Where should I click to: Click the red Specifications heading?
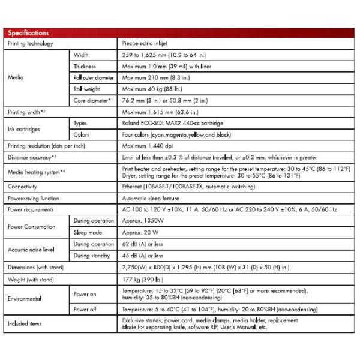tap(29, 33)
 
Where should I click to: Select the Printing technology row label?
tap(31, 44)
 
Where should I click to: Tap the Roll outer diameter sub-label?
tap(94, 77)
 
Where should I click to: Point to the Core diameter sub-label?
tap(93, 100)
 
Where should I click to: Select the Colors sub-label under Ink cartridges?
tap(82, 134)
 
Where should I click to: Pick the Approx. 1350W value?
tap(143, 221)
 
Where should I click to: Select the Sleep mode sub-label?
tap(89, 232)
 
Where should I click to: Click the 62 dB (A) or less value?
tap(143, 244)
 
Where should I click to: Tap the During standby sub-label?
tap(93, 255)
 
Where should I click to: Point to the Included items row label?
tap(25, 324)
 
